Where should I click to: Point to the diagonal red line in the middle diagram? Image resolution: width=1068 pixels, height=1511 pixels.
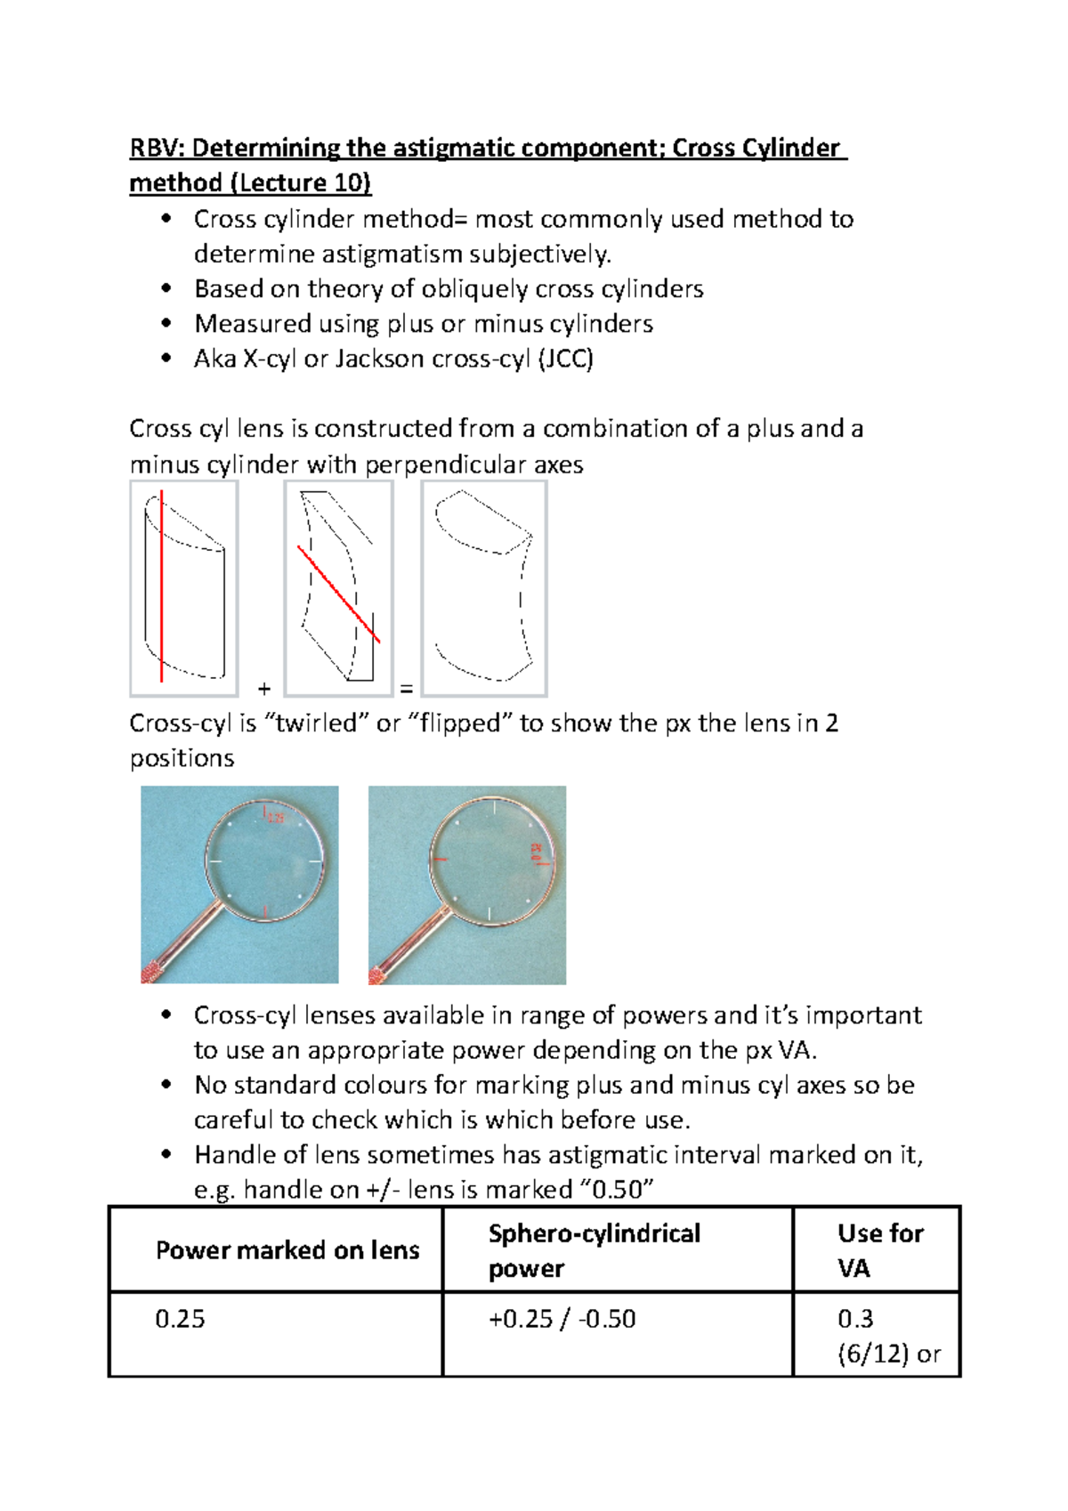339,594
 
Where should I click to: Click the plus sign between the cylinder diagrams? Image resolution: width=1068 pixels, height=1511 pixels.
263,689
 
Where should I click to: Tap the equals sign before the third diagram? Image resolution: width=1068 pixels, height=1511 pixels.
407,689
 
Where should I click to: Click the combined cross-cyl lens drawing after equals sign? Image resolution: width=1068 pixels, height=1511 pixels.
483,587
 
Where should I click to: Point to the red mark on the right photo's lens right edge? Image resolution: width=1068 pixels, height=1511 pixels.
538,855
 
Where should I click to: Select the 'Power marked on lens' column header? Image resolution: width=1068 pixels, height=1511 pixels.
287,1250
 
